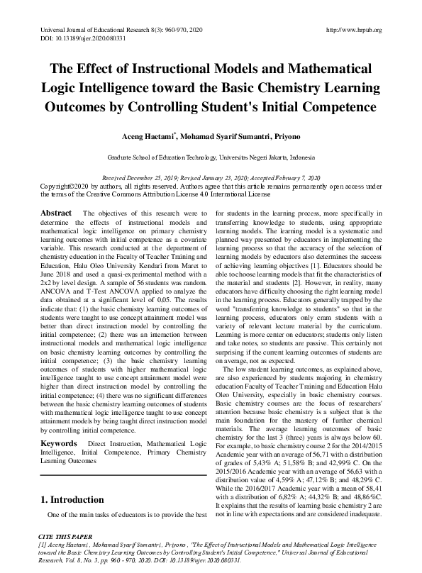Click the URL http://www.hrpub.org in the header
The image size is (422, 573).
[353, 30]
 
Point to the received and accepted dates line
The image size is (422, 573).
[211, 177]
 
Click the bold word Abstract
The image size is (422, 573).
[56, 213]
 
